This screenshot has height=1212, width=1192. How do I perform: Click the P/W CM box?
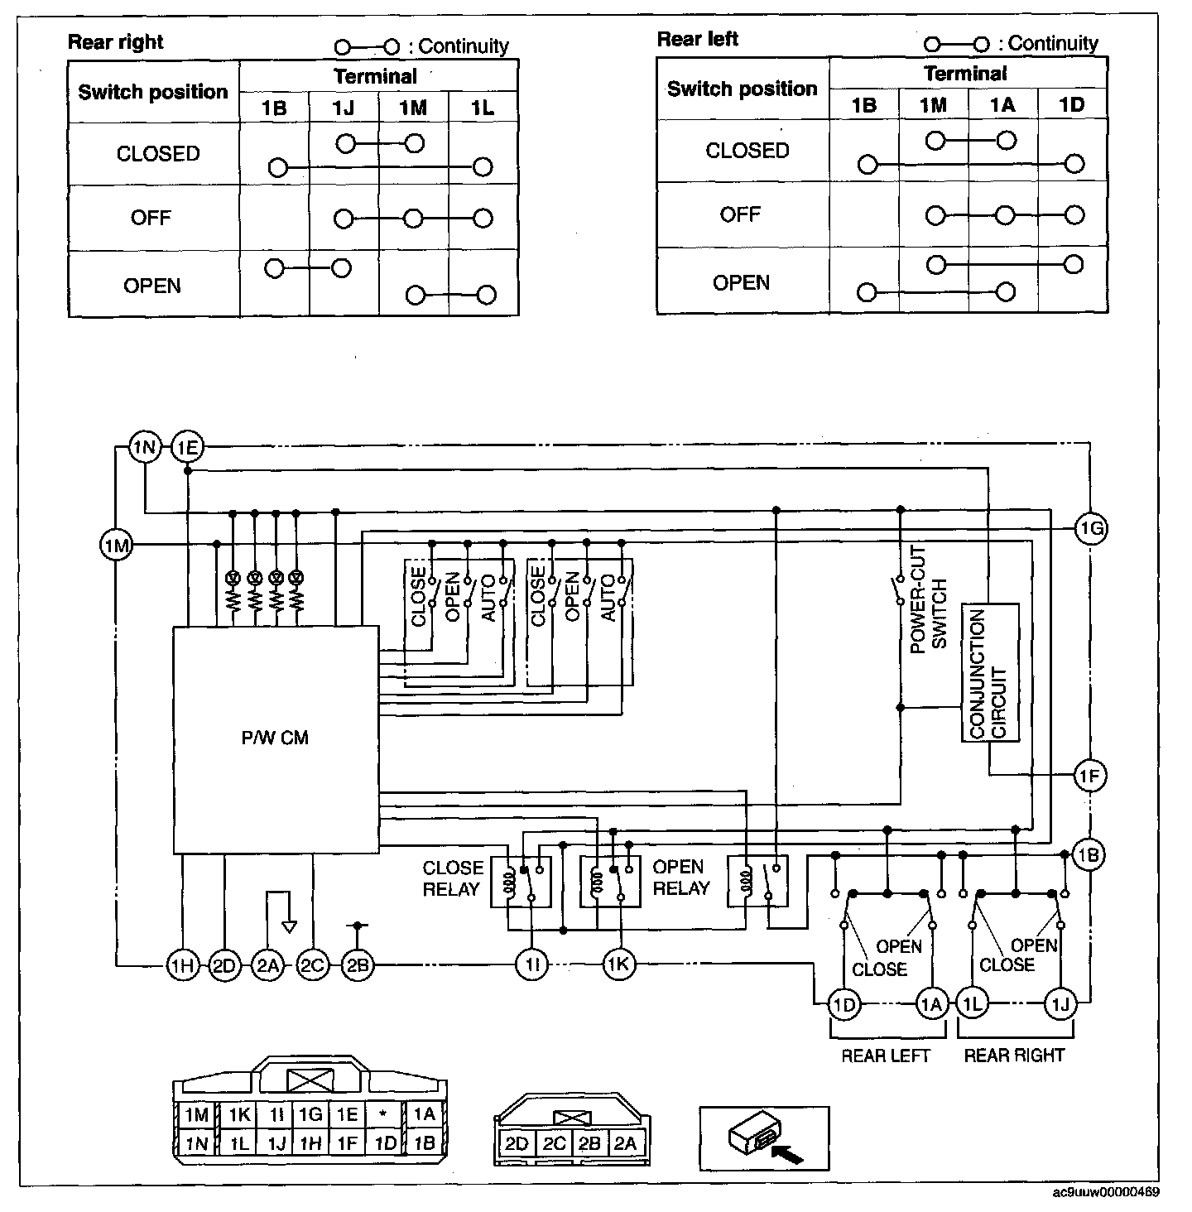point(276,738)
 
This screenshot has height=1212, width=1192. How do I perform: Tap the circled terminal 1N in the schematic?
point(145,448)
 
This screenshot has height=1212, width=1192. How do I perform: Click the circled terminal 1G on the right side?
point(1091,528)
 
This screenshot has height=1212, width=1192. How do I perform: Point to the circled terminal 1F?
point(1090,777)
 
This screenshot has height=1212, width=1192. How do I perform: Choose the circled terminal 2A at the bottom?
point(267,964)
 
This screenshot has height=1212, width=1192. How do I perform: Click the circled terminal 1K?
point(619,964)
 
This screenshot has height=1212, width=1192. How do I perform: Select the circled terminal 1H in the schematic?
point(182,964)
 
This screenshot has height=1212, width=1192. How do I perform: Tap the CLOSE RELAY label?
point(452,878)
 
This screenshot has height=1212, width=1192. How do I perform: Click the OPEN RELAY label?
point(681,878)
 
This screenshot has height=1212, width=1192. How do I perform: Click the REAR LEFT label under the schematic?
point(886,1056)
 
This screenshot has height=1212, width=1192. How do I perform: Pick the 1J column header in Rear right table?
point(344,107)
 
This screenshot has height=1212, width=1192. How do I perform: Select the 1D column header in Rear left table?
point(1072,104)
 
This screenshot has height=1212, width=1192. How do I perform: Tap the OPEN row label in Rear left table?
point(741,282)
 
